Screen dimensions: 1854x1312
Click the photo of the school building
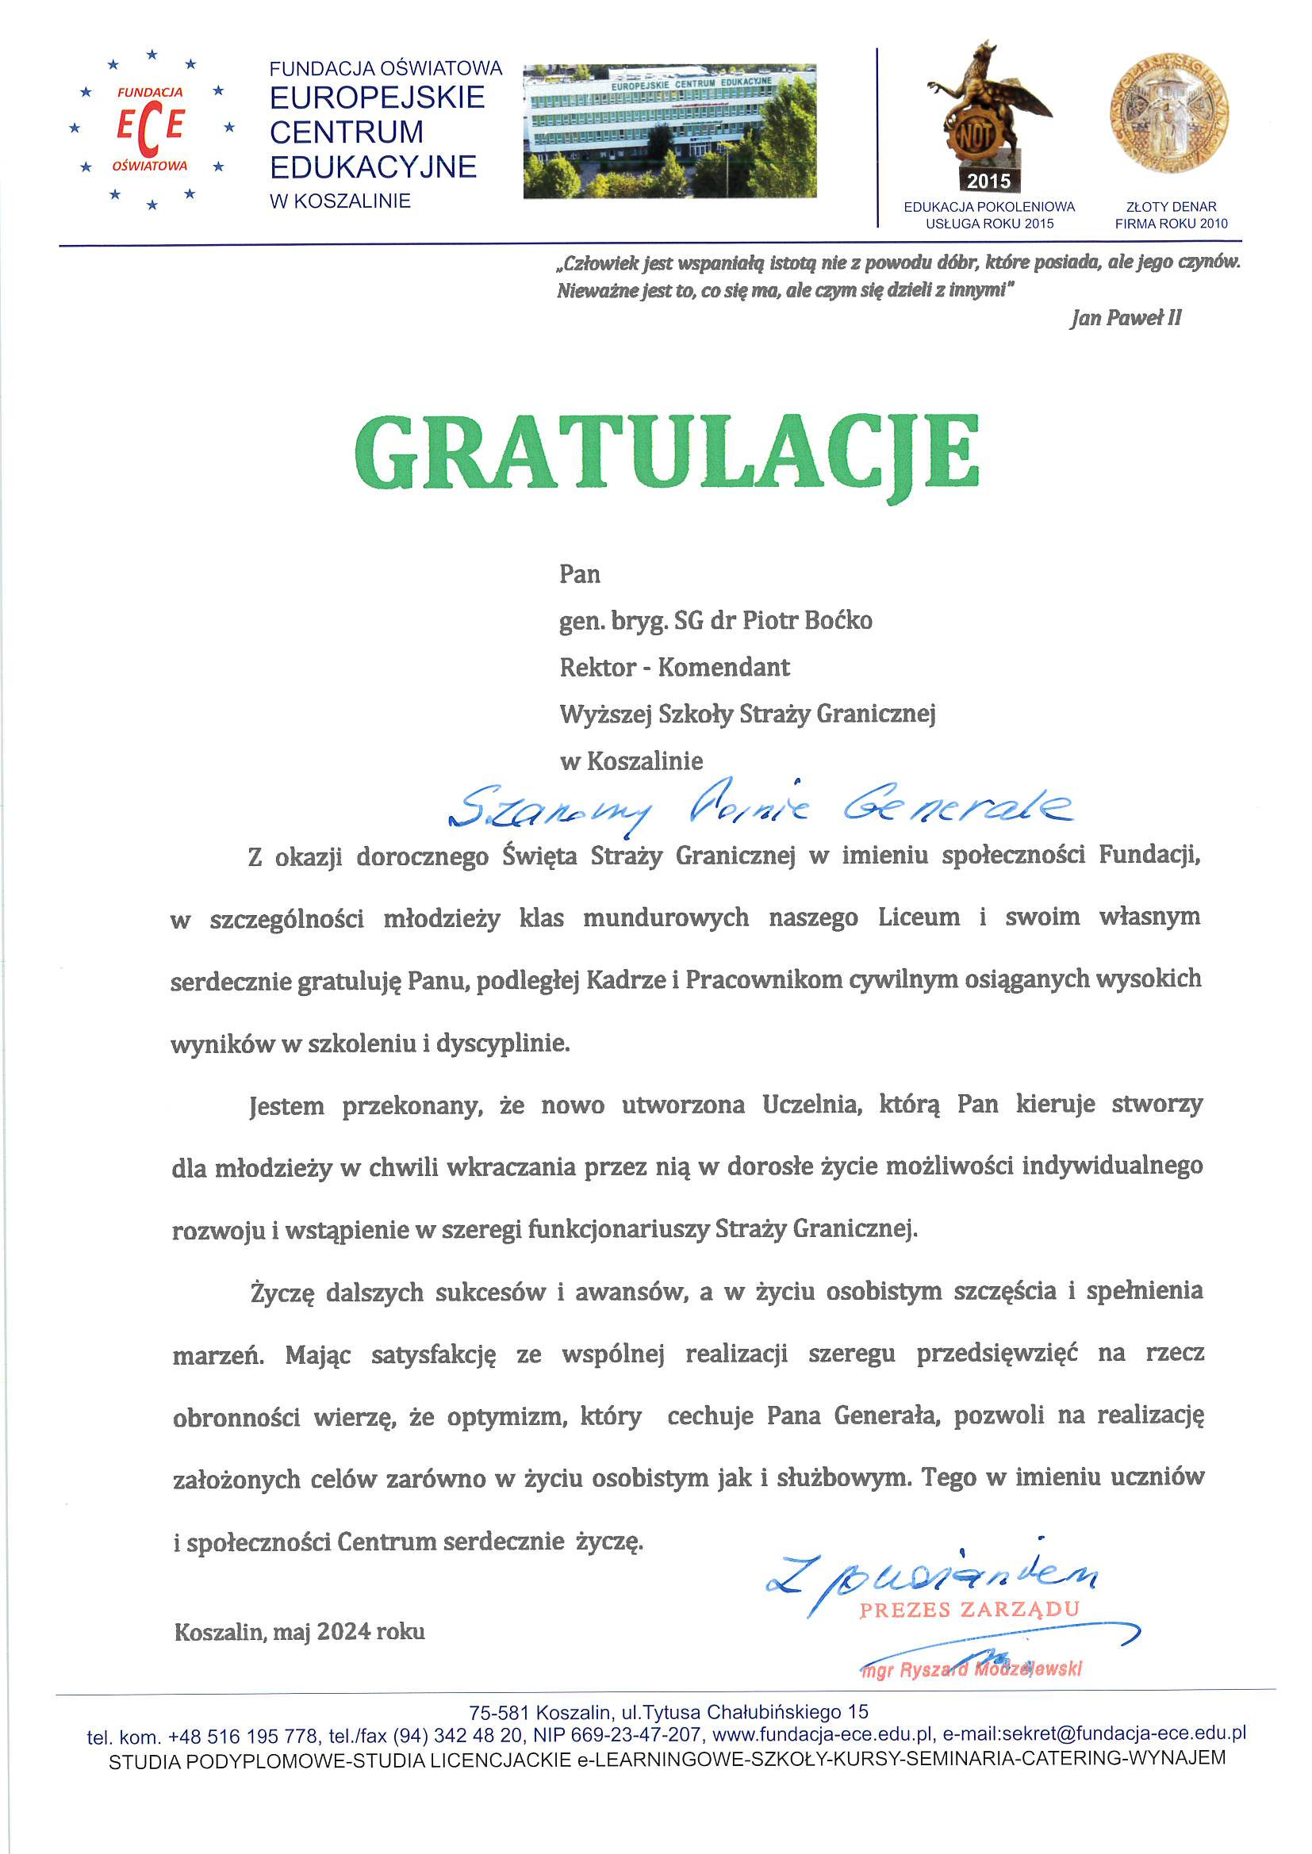tap(669, 132)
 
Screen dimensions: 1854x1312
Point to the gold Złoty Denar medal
tap(1169, 114)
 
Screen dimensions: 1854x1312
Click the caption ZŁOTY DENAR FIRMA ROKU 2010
tap(1171, 216)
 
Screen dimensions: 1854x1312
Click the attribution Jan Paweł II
tap(1126, 318)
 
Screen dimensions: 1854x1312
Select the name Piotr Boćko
tap(807, 621)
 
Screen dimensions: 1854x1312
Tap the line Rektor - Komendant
tap(674, 668)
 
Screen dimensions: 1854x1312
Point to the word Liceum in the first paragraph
tap(919, 917)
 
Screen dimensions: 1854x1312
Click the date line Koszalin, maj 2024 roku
tap(300, 1632)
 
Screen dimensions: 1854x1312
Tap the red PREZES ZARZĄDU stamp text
tap(969, 1610)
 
